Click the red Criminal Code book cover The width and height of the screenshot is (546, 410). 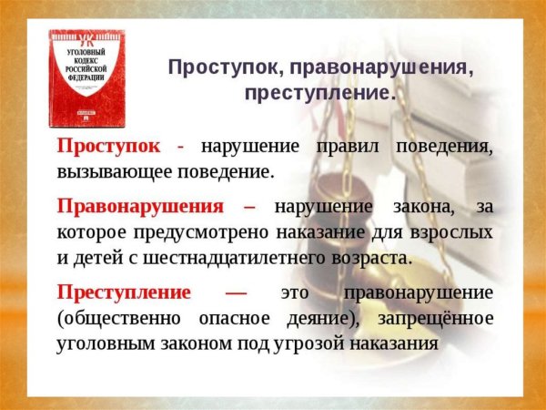(x=87, y=79)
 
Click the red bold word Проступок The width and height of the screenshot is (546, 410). (x=110, y=147)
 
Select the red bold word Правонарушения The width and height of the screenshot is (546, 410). (x=145, y=206)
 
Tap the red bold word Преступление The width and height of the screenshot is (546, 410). (x=124, y=293)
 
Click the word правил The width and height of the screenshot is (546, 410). (x=350, y=147)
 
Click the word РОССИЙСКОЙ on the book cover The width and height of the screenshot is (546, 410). (x=88, y=67)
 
